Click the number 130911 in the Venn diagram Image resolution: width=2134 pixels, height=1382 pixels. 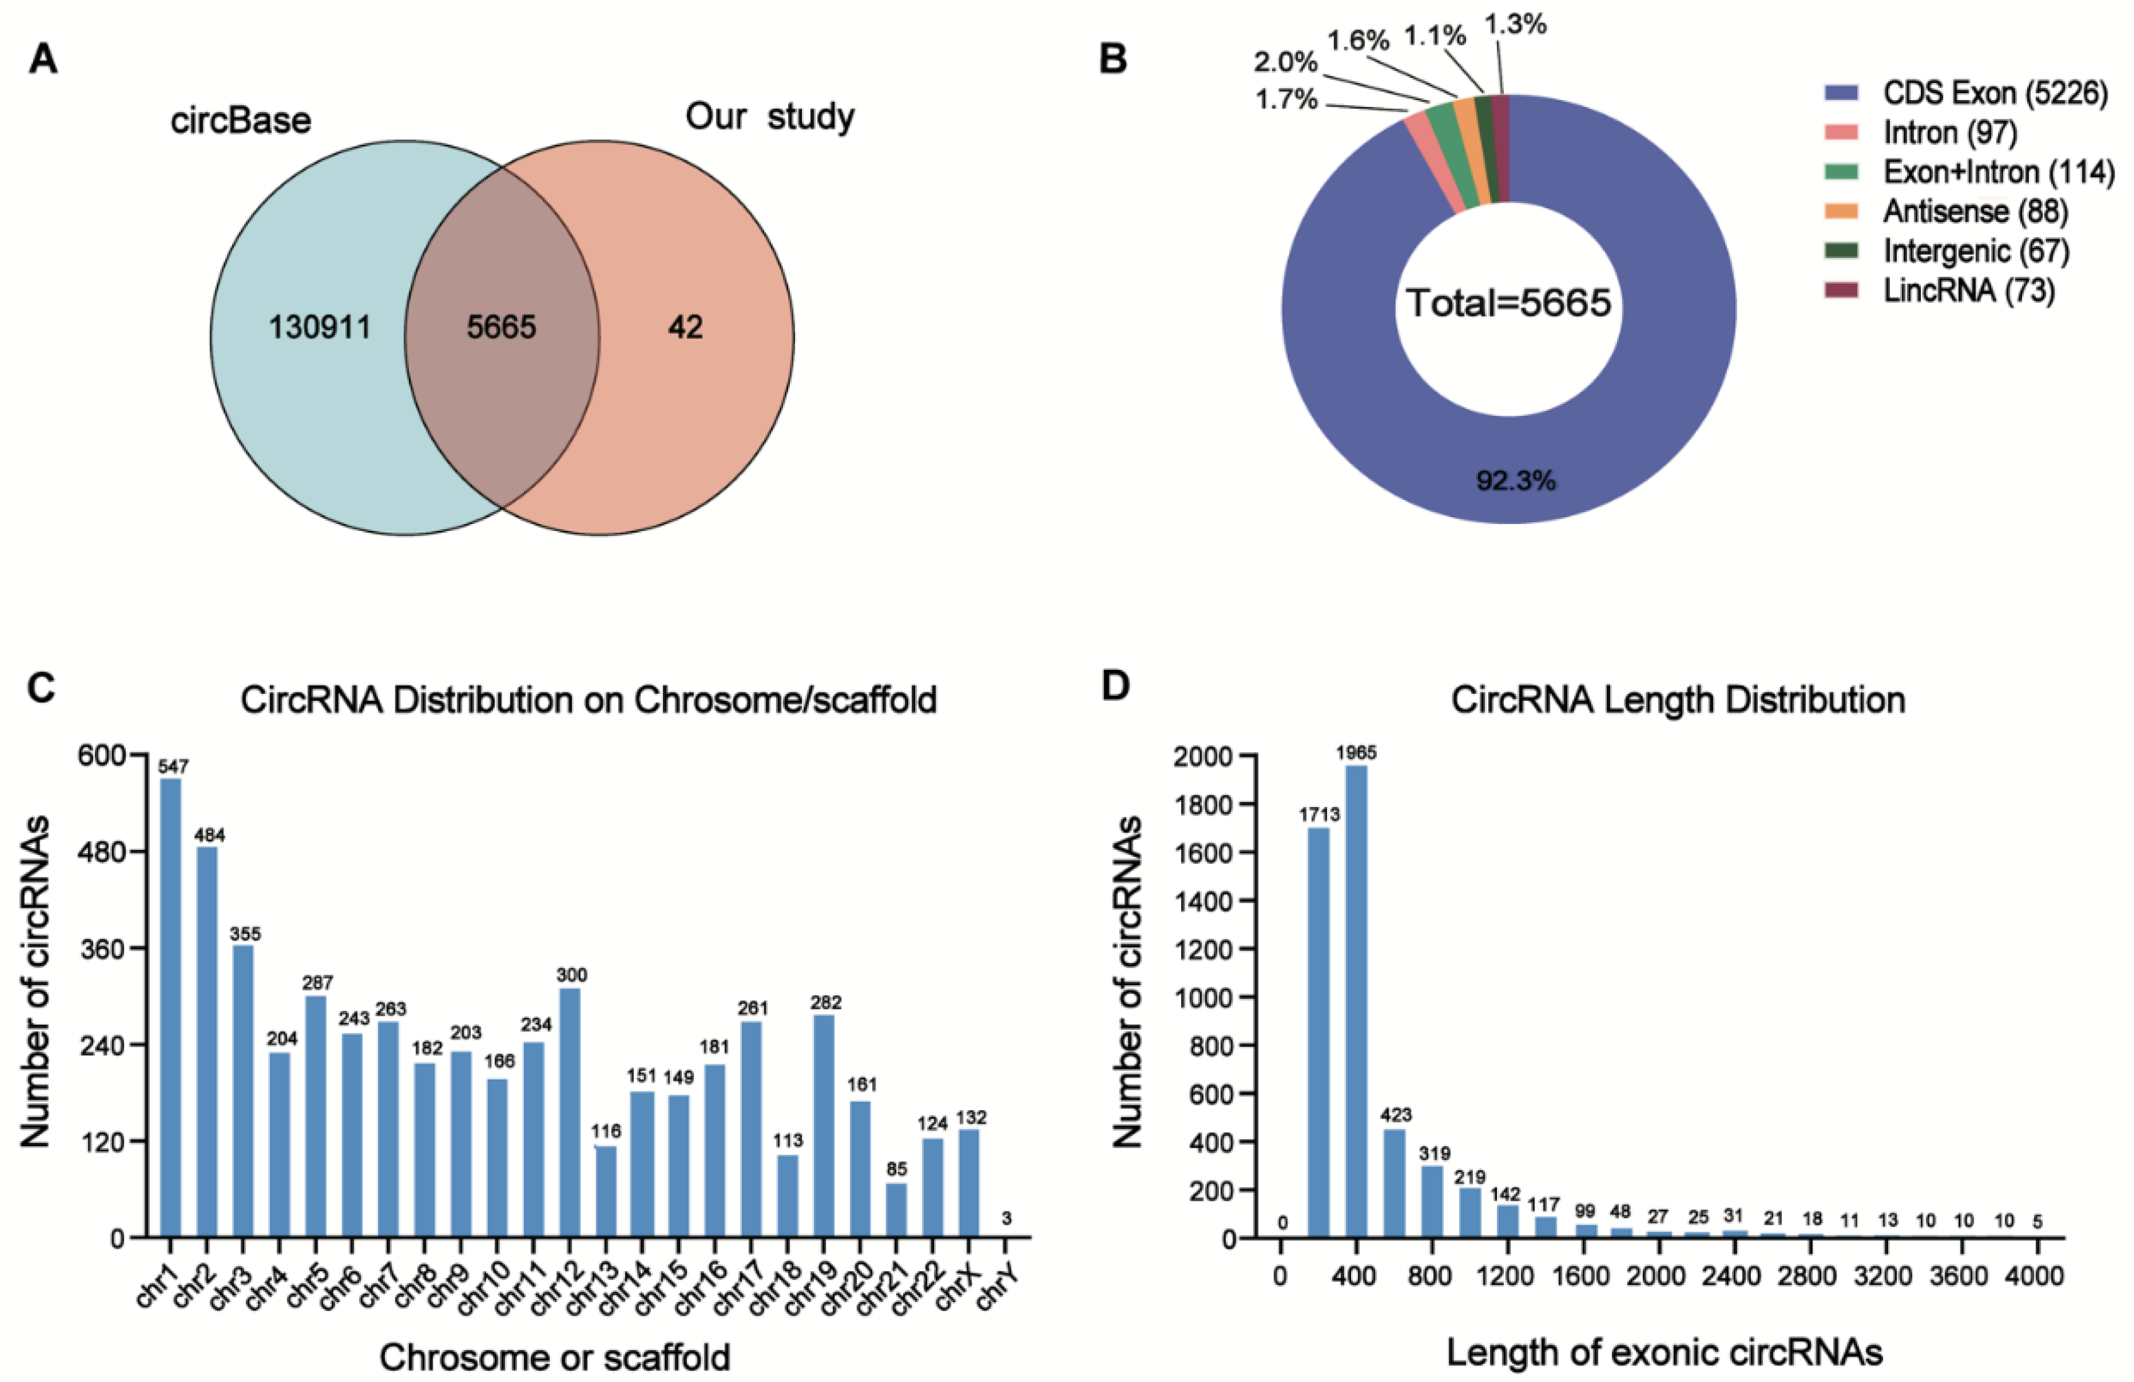[x=320, y=327]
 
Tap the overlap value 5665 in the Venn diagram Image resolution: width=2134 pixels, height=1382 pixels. [x=501, y=327]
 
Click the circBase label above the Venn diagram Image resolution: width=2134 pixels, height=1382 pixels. [x=240, y=120]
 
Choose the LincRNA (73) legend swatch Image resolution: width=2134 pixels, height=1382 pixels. [x=1842, y=291]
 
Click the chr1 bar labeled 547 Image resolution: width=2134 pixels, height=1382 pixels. [x=170, y=1005]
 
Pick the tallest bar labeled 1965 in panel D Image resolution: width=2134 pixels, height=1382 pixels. [x=1356, y=1000]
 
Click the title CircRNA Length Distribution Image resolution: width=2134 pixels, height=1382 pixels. [x=1677, y=699]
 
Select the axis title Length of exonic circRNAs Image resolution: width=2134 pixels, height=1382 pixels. [x=1664, y=1352]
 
